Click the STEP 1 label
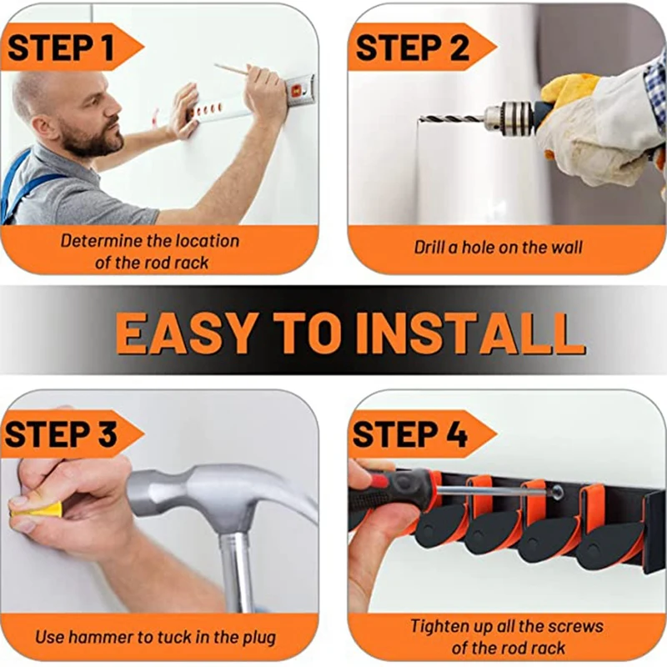[x=61, y=48]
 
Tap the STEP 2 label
[x=412, y=48]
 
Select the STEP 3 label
[x=61, y=434]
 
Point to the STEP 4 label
[x=409, y=434]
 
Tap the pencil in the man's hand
[x=233, y=69]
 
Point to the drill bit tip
[x=420, y=118]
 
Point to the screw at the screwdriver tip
[x=556, y=493]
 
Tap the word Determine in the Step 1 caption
[x=100, y=241]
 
